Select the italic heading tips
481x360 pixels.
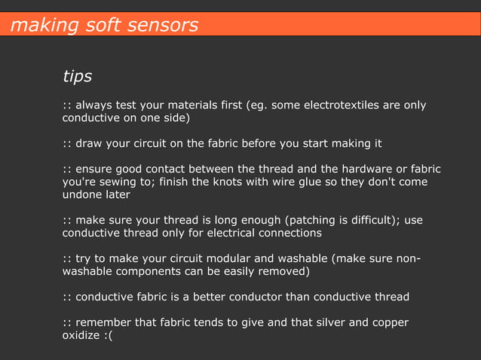click(77, 76)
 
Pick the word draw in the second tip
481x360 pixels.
click(89, 144)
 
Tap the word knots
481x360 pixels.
click(222, 182)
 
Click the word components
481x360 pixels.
click(154, 272)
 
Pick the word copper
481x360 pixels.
click(389, 323)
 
